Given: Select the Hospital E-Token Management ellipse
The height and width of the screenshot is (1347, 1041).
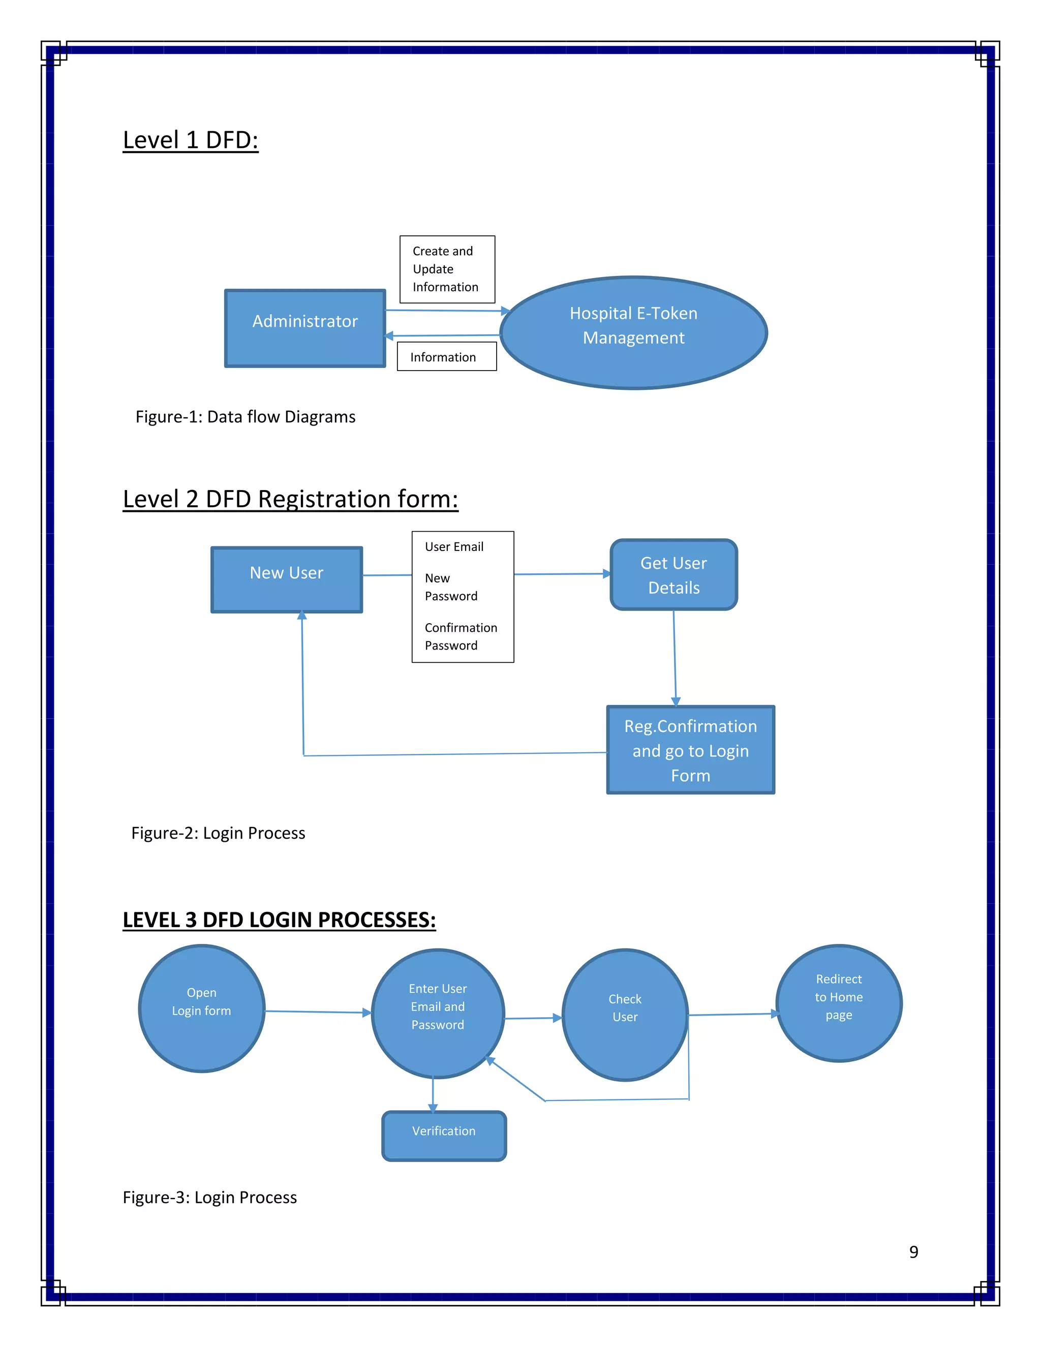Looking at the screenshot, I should [x=633, y=332].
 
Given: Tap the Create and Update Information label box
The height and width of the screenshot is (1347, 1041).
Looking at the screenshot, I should [x=447, y=269].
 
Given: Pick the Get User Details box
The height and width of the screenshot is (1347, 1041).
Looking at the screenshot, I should [x=673, y=575].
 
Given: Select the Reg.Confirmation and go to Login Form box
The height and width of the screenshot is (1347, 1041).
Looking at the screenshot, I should [x=690, y=750].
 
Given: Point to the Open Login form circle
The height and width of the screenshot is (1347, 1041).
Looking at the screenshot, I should [x=202, y=1008].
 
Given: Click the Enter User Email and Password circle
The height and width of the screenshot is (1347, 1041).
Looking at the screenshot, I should [x=438, y=1014].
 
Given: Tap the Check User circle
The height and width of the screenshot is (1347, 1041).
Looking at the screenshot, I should [x=625, y=1015].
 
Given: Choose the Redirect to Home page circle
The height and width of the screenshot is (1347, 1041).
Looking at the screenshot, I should [x=839, y=1003].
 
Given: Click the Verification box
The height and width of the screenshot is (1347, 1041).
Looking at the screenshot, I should [x=444, y=1136].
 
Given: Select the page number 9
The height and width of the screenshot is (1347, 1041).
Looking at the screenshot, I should [x=913, y=1252].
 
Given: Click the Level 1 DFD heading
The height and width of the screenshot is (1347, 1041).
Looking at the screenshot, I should [x=191, y=140].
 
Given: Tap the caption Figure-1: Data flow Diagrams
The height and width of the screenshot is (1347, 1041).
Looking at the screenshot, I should [x=246, y=417].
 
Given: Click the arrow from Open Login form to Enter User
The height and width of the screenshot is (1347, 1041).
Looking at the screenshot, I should [x=318, y=1012].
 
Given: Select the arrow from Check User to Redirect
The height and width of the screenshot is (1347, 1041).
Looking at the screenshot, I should [x=732, y=1015].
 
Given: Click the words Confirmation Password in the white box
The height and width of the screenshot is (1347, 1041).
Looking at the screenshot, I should [x=461, y=636].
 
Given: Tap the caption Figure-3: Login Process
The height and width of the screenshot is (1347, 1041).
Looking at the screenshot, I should [x=210, y=1197].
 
